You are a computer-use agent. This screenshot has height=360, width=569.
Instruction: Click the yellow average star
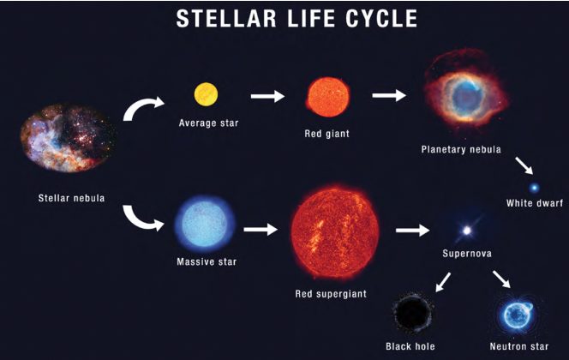pos(206,94)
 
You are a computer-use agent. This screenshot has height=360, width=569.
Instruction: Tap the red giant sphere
pos(328,97)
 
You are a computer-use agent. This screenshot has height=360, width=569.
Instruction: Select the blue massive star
pos(205,224)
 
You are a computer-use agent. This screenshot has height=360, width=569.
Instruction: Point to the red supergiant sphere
pos(335,232)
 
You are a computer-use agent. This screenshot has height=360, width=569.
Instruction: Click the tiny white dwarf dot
pos(534,188)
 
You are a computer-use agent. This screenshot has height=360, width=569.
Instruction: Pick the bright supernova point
pos(467,231)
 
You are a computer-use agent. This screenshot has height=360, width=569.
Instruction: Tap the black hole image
pos(412,314)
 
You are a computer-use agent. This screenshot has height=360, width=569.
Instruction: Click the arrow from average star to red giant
pos(267,96)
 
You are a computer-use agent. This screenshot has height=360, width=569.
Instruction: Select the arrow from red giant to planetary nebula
pos(389,95)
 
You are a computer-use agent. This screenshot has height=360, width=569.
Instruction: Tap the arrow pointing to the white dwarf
pos(524,165)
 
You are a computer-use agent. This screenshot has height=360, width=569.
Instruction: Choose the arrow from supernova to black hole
pos(443,282)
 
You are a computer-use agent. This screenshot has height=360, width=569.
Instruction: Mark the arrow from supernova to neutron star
pos(501,279)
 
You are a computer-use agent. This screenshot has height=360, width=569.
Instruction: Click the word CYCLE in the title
pos(381,19)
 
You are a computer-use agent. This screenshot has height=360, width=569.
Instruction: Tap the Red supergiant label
pos(331,294)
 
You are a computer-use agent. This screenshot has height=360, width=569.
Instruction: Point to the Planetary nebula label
pos(461,149)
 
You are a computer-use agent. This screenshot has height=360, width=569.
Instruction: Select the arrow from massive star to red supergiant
pos(261,230)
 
